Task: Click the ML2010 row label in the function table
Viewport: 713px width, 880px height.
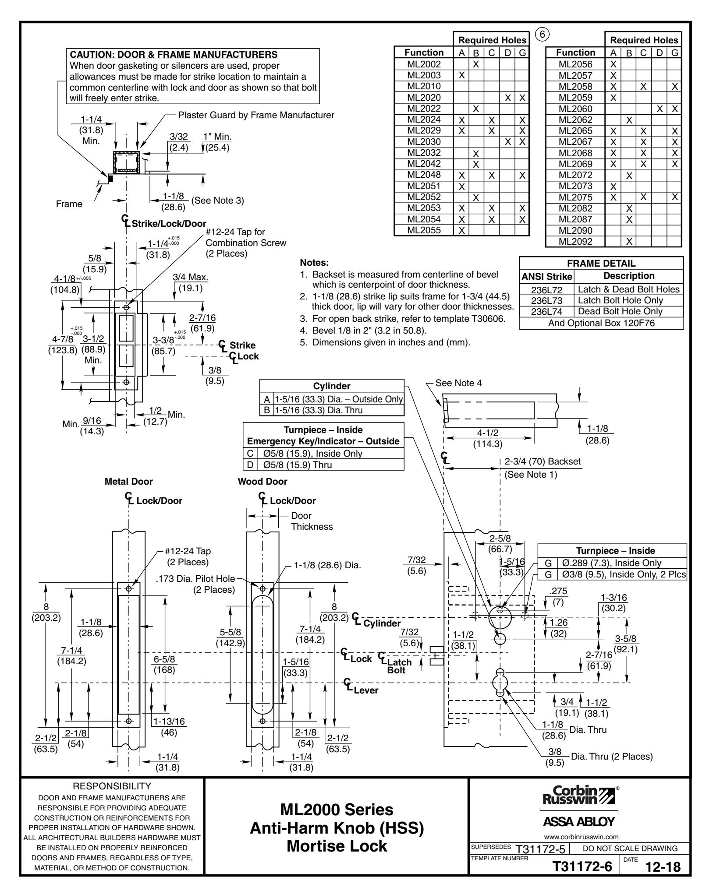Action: pos(424,86)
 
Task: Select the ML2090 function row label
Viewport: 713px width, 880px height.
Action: pos(575,230)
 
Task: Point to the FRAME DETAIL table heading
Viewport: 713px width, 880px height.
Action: pos(601,264)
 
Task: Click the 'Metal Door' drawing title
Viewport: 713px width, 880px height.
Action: pos(129,482)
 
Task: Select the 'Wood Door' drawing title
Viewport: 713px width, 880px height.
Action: pos(262,482)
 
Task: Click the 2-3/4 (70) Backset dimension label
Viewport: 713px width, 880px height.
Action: pos(543,461)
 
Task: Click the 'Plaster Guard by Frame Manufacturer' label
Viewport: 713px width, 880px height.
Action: pos(256,115)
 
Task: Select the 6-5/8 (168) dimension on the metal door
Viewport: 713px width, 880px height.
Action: pos(164,665)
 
